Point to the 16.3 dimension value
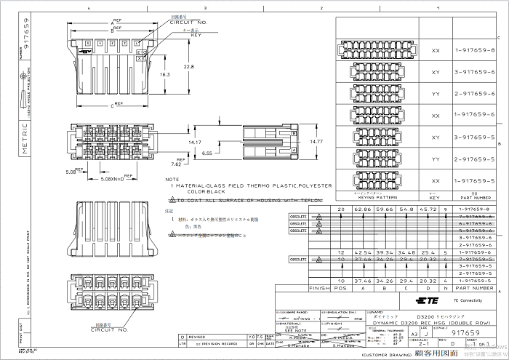tap(165, 74)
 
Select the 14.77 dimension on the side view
tap(316, 142)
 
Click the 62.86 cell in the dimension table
tap(362, 209)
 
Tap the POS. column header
tap(342, 288)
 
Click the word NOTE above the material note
tap(172, 178)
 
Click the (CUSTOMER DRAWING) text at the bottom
tap(387, 353)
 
